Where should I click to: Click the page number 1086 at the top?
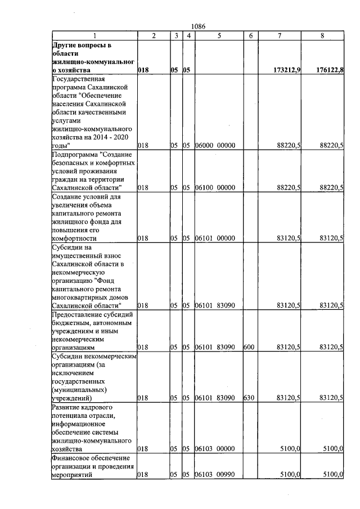(199, 26)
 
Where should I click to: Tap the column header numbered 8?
(322, 36)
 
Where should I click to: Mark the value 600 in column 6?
(248, 348)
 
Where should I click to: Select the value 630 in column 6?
(248, 398)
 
